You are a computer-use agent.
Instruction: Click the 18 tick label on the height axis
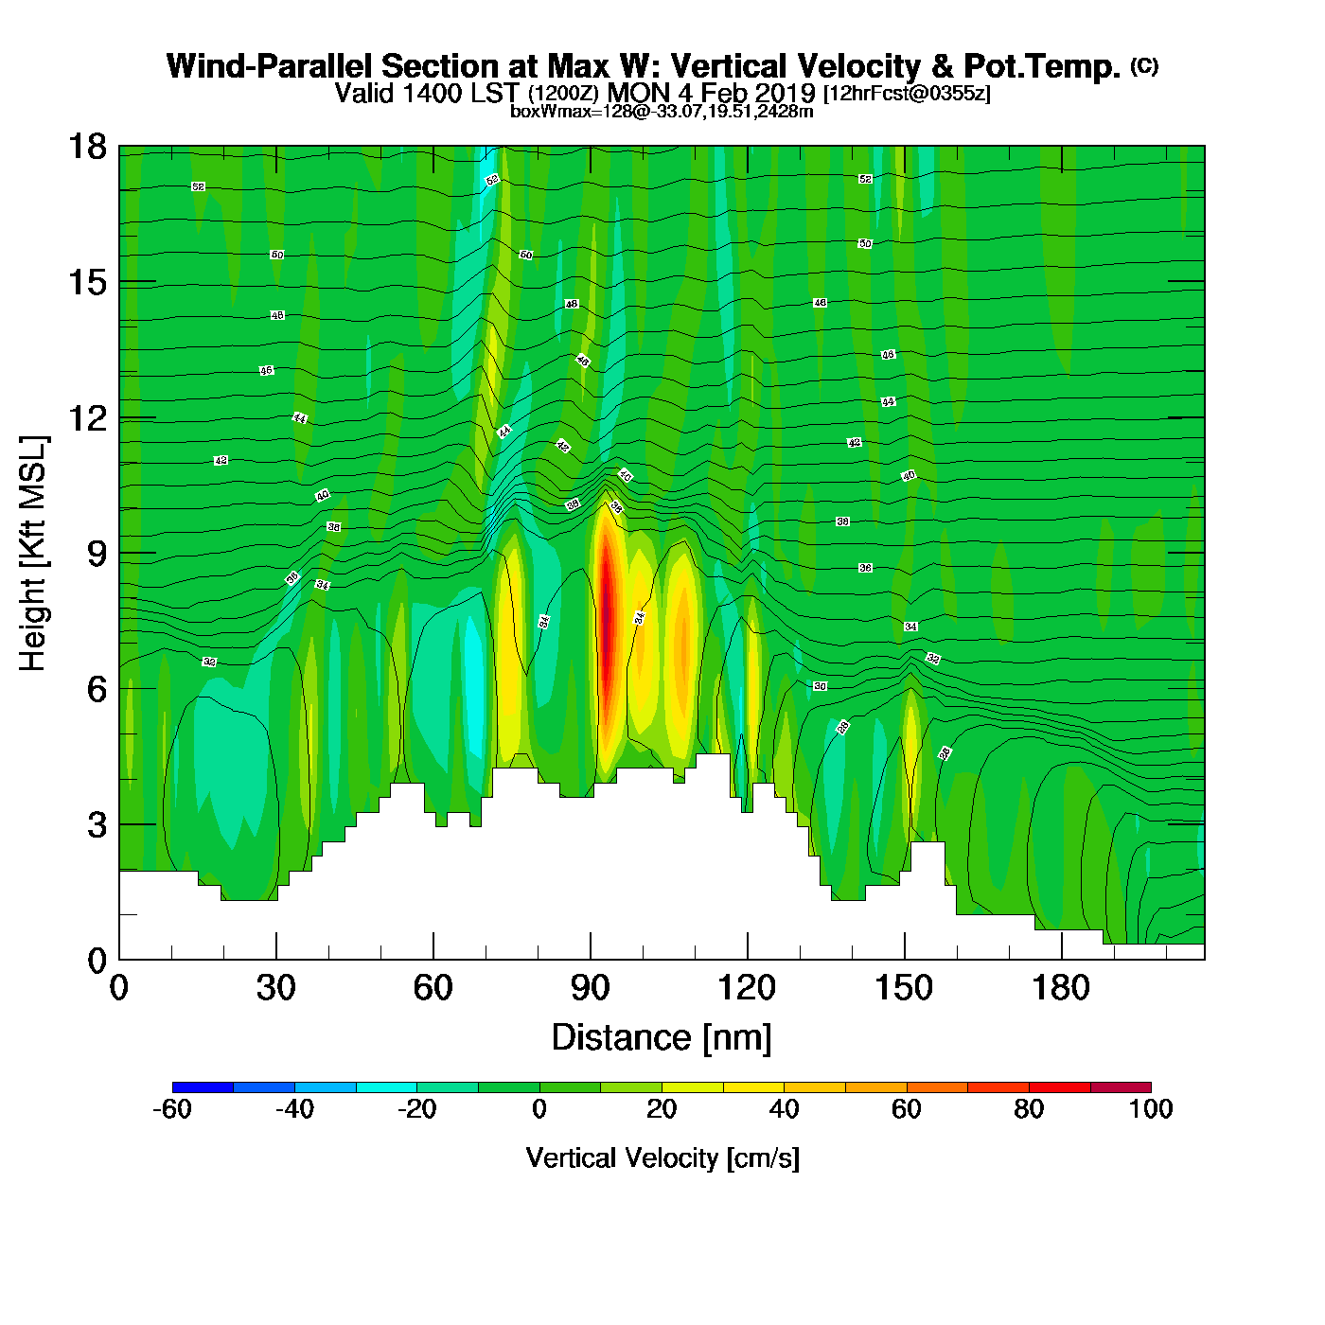87,148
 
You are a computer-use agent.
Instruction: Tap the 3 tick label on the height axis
97,825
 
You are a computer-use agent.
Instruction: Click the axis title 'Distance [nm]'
662,1038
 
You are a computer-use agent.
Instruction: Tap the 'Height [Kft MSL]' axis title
33,554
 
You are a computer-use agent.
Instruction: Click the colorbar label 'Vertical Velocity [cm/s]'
662,1157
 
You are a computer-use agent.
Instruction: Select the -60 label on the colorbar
172,1109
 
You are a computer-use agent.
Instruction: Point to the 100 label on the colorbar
1150,1109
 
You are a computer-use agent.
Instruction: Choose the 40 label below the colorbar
784,1109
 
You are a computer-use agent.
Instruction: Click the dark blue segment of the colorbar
203,1086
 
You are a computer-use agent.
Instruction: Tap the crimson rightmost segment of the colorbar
1121,1086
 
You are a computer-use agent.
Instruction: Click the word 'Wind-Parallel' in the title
271,66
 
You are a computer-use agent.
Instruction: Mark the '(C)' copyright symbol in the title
1144,65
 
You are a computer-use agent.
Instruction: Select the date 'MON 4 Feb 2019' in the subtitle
711,93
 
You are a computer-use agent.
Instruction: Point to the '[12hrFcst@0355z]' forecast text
907,94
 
